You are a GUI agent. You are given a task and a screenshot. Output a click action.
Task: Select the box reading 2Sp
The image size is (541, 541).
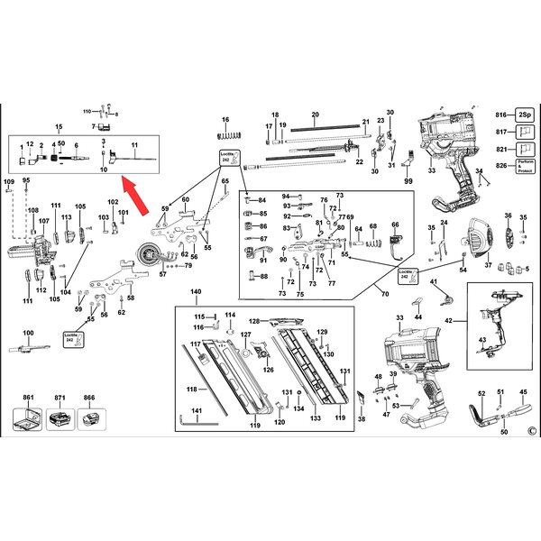pyautogui.click(x=525, y=116)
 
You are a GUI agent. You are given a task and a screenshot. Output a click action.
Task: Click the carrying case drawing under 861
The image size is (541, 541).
pyautogui.click(x=29, y=417)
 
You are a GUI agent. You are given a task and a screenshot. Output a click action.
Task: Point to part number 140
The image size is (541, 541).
pyautogui.click(x=197, y=294)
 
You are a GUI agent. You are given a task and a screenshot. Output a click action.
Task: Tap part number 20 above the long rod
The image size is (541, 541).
pyautogui.click(x=315, y=114)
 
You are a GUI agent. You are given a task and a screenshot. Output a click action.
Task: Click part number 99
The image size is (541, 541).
pyautogui.click(x=408, y=181)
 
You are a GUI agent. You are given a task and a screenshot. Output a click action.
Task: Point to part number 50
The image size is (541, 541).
pyautogui.click(x=503, y=432)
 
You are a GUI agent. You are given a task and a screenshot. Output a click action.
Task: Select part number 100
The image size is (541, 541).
pyautogui.click(x=28, y=334)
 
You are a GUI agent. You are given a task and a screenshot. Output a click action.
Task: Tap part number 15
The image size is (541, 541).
pyautogui.click(x=60, y=127)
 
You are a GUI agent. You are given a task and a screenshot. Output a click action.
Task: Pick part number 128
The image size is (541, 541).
pyautogui.click(x=254, y=320)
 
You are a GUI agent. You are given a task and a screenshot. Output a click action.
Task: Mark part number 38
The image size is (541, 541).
pyautogui.click(x=362, y=419)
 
